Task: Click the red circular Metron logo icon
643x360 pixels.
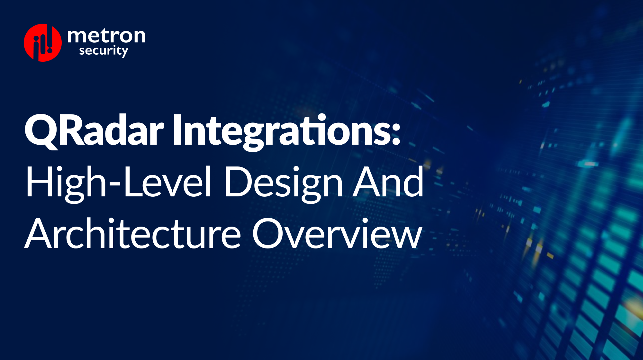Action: click(42, 43)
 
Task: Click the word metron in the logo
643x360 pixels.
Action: click(106, 36)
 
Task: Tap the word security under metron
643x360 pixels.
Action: click(104, 51)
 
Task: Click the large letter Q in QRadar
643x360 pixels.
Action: click(41, 130)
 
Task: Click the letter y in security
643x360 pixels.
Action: click(124, 52)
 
